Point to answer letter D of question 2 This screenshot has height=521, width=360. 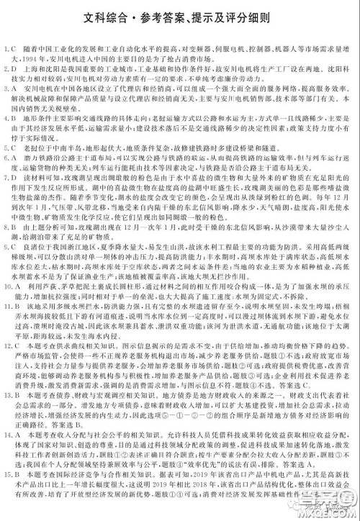pyautogui.click(x=14, y=68)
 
